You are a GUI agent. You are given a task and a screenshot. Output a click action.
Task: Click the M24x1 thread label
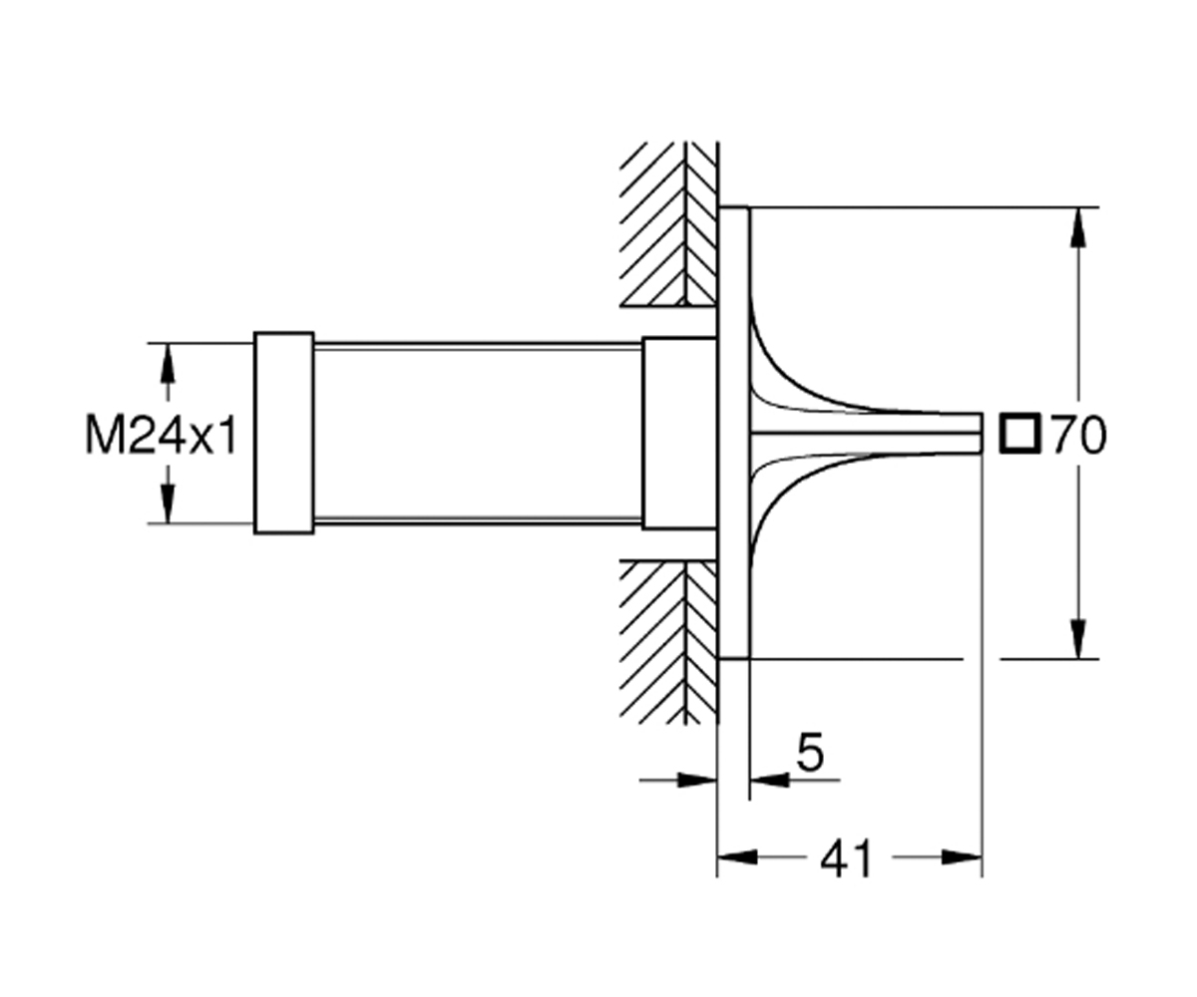click(x=161, y=436)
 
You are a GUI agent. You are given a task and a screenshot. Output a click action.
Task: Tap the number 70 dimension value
click(x=1078, y=435)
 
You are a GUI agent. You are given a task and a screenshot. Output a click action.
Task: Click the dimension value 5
click(x=810, y=751)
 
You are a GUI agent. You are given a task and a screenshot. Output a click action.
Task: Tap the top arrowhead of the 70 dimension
click(x=1078, y=227)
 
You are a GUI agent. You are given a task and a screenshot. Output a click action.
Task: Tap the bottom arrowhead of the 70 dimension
click(x=1078, y=639)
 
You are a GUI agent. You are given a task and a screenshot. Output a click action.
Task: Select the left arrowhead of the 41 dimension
click(x=737, y=857)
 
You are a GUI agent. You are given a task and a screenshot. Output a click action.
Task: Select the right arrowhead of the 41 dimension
click(x=962, y=857)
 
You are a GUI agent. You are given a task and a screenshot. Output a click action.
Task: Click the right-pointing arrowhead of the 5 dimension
click(x=697, y=780)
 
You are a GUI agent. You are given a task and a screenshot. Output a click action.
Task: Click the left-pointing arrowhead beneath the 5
click(x=769, y=780)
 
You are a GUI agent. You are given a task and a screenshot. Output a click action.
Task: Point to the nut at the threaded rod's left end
click(x=284, y=433)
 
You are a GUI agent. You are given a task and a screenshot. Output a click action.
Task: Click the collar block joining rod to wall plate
click(x=680, y=433)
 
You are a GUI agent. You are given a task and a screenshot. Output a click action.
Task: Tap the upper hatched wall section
click(x=668, y=224)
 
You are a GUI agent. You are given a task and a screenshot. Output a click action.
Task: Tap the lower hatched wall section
click(x=668, y=642)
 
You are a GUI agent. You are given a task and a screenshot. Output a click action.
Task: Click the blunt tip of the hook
click(x=982, y=433)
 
